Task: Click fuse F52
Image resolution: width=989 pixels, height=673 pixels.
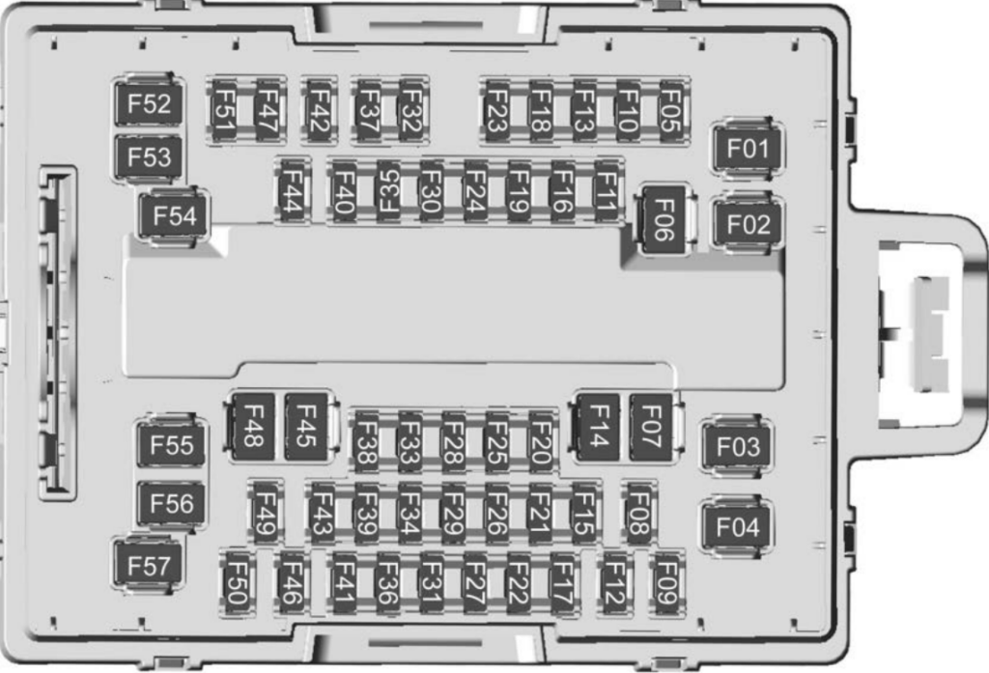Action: pos(149,103)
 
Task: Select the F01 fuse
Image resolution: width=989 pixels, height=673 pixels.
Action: pos(748,149)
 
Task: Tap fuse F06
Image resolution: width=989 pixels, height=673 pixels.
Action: pos(664,219)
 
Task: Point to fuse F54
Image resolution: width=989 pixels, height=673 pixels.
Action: pos(175,215)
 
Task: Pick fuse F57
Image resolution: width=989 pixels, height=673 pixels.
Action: pos(149,565)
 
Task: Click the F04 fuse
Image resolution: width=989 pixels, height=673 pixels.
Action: pos(737,526)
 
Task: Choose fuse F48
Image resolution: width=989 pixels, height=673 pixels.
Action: pos(253,427)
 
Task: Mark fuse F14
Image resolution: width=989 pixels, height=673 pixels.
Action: pos(598,427)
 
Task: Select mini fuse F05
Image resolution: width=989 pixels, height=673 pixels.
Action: pos(671,111)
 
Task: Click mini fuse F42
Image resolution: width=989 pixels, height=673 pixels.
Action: pos(319,111)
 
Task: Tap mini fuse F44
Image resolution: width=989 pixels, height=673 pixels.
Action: pos(292,190)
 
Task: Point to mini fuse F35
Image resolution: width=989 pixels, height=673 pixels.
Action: pos(388,190)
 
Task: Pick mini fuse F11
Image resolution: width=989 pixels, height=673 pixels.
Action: pos(607,190)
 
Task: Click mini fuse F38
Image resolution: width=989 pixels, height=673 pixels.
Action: pos(366,441)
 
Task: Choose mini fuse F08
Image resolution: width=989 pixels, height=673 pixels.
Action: pos(638,513)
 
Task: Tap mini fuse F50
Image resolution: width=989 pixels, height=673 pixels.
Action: pos(236,583)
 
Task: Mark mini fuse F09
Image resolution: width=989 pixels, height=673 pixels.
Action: pos(666,583)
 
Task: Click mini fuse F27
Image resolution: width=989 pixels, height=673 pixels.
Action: pos(475,583)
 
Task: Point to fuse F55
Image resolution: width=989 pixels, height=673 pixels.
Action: pos(171,445)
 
